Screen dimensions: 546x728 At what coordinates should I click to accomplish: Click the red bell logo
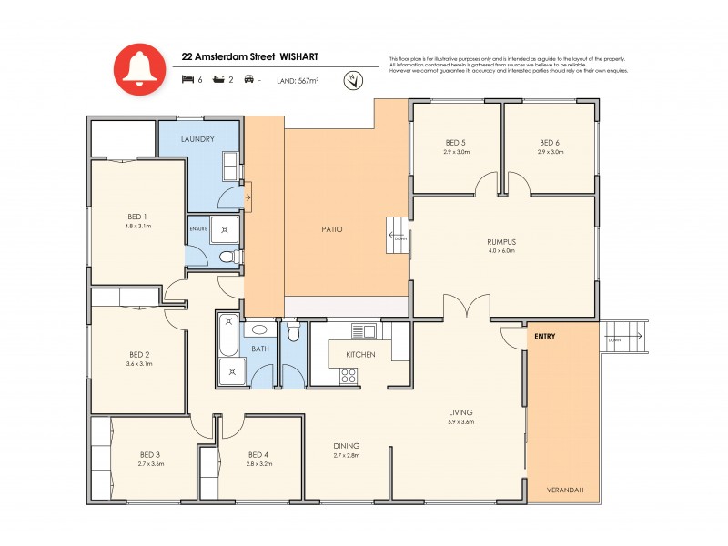click(139, 69)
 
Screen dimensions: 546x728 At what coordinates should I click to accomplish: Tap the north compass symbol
click(350, 81)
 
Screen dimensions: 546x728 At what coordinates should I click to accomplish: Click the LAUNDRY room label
click(197, 139)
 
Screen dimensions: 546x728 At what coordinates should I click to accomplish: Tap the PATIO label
click(332, 228)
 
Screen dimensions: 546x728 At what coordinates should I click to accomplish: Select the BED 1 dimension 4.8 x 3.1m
click(137, 226)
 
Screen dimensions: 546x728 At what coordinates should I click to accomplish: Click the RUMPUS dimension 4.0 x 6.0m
click(501, 250)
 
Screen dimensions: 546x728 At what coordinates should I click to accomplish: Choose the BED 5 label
click(456, 143)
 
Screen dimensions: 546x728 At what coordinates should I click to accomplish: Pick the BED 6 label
click(549, 143)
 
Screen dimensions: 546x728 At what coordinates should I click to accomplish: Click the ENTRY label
click(545, 336)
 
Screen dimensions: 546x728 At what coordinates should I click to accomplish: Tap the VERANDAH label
click(564, 490)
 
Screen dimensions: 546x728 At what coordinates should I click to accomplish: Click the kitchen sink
click(364, 330)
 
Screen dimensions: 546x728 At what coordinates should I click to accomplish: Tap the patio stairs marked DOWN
click(398, 237)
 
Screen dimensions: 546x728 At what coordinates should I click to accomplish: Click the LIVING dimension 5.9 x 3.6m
click(460, 422)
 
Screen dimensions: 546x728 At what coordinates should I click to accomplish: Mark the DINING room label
click(347, 446)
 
